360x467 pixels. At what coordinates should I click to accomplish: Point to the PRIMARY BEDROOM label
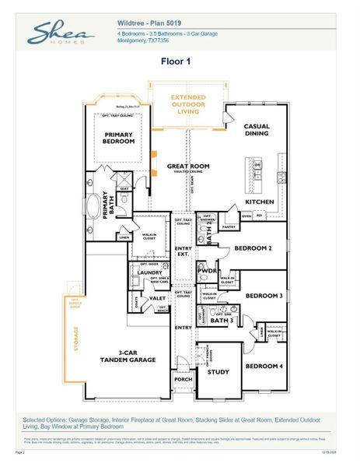[x=120, y=139]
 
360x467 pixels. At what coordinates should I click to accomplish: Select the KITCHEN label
[x=260, y=202]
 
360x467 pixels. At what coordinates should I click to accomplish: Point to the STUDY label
[x=218, y=372]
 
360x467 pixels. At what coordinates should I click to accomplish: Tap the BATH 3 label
[x=221, y=320]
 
